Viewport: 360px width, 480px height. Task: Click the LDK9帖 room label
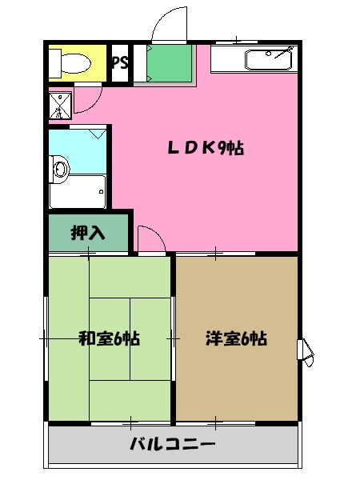click(x=205, y=148)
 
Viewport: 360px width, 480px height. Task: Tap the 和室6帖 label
click(x=109, y=338)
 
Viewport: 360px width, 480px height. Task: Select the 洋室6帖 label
click(x=236, y=338)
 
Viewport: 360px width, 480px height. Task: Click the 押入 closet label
click(x=87, y=234)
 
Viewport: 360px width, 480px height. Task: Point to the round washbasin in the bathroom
click(x=58, y=167)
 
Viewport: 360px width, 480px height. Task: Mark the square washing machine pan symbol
click(x=59, y=105)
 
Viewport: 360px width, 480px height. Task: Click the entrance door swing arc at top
click(x=170, y=22)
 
